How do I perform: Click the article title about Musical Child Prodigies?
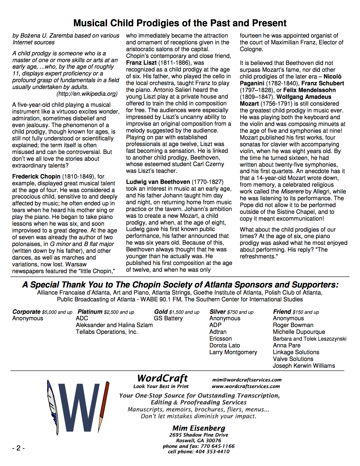(x=180, y=23)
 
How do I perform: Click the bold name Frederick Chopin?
(x=36, y=177)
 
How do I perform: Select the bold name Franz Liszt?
(x=141, y=63)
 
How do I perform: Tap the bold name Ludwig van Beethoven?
(x=158, y=182)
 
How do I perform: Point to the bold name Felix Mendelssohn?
(x=309, y=90)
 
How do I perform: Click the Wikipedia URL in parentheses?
(x=87, y=94)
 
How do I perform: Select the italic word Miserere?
(x=292, y=191)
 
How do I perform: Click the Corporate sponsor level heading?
(x=26, y=312)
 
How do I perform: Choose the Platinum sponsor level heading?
(x=90, y=312)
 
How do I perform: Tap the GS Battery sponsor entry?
(x=168, y=318)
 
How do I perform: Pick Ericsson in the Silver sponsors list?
(x=221, y=339)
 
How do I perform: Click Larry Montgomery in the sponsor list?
(x=233, y=352)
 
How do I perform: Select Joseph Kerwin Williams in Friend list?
(x=304, y=366)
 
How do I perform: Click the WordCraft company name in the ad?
(x=162, y=378)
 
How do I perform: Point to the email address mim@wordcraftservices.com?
(x=247, y=380)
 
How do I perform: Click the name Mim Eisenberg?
(x=199, y=428)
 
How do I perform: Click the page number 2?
(x=18, y=448)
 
